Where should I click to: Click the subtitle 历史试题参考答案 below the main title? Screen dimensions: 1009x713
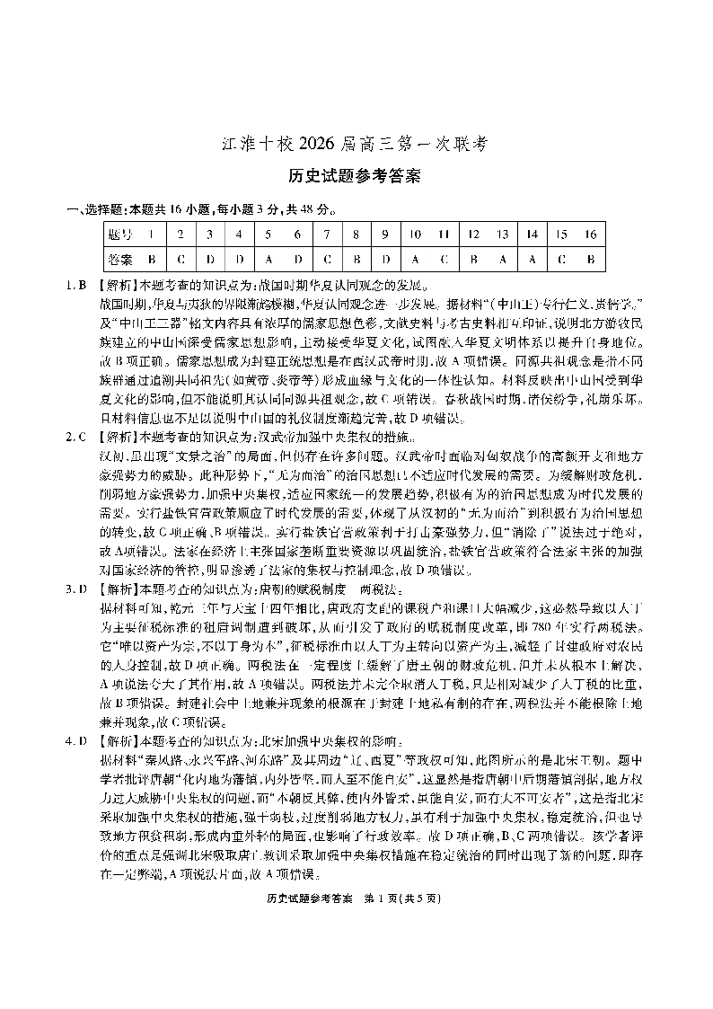pyautogui.click(x=356, y=176)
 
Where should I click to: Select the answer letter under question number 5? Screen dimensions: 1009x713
pyautogui.click(x=268, y=260)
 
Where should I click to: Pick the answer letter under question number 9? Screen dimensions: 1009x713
pyautogui.click(x=385, y=260)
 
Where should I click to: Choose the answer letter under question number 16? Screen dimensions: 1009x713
pyautogui.click(x=590, y=260)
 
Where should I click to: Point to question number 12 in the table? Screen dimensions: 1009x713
pyautogui.click(x=473, y=235)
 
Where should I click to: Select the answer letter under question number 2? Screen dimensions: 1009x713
pyautogui.click(x=180, y=260)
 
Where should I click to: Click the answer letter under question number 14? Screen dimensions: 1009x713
pyautogui.click(x=532, y=260)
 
